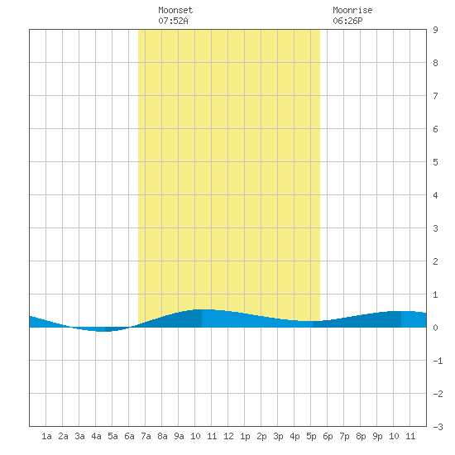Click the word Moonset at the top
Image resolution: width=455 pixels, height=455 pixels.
coord(175,10)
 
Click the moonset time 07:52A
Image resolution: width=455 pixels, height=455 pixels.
coord(173,21)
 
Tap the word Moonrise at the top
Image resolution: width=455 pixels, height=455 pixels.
coord(352,10)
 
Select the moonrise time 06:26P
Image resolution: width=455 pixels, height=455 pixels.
coord(347,21)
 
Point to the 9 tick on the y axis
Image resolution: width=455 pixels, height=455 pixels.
coord(435,30)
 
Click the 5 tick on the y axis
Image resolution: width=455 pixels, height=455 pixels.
coord(435,162)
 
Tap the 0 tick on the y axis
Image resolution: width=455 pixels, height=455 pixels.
coord(435,328)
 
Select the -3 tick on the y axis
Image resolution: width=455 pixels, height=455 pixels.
coord(438,427)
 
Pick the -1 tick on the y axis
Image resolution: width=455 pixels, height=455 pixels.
coord(438,361)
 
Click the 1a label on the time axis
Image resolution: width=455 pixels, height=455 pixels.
coord(46,436)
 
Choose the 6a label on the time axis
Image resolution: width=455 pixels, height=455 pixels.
coord(129,436)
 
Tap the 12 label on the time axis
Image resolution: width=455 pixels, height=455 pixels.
coord(228,436)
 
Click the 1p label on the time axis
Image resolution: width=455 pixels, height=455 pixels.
coord(245,436)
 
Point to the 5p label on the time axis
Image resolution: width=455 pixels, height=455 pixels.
coord(311,436)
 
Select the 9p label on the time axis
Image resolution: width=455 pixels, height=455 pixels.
coord(377,436)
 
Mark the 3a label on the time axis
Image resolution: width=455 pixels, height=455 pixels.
coord(79,436)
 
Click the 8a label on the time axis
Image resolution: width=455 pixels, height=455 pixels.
coord(162,436)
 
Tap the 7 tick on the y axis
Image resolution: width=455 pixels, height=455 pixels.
coord(435,96)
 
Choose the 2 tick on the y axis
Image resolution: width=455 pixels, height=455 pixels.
coord(435,261)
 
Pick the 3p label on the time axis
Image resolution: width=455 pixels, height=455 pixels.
coord(278,436)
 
